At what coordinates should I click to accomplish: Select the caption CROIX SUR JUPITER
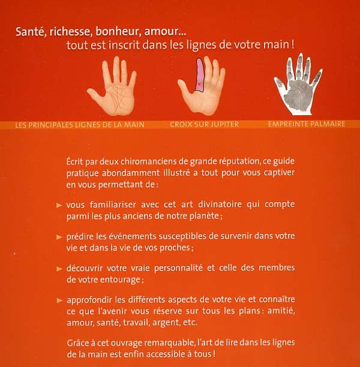point(204,125)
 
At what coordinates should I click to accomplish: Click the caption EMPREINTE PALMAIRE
point(307,125)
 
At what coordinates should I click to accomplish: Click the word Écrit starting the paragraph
point(77,163)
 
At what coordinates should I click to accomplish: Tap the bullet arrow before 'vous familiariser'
point(59,205)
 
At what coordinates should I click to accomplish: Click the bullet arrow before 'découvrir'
point(59,267)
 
